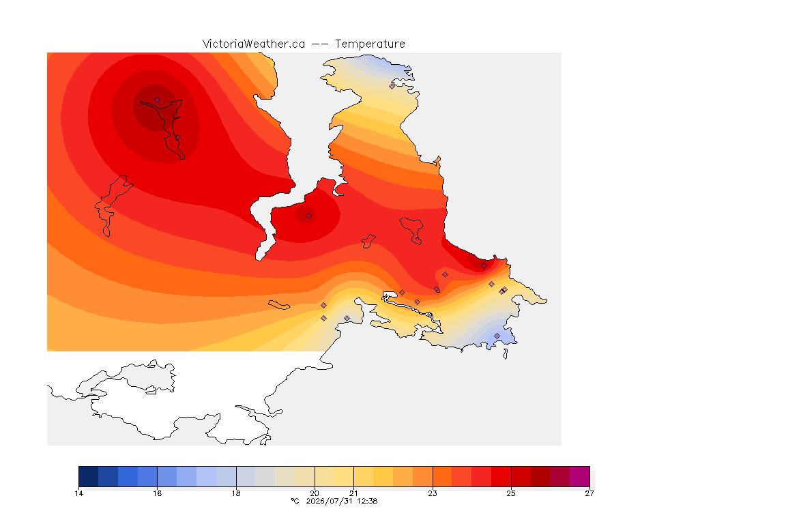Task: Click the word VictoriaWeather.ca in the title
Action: (x=254, y=44)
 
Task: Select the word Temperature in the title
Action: (x=370, y=44)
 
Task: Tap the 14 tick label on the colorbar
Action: (x=78, y=493)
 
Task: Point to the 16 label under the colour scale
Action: (x=158, y=493)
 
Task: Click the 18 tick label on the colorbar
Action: (x=236, y=493)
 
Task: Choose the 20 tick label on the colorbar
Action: (x=315, y=493)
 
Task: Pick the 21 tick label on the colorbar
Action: (x=354, y=493)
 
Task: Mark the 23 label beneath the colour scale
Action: (x=433, y=493)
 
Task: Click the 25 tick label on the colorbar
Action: (x=511, y=493)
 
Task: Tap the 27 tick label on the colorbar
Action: (x=589, y=493)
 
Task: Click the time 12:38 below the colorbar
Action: (x=368, y=501)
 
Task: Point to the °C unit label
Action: (x=295, y=501)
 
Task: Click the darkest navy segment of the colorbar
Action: (x=89, y=476)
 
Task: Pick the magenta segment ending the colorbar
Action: (x=579, y=476)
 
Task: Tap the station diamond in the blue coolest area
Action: (x=497, y=336)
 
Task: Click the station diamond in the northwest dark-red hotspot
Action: (x=158, y=100)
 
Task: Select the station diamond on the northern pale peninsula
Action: (x=392, y=86)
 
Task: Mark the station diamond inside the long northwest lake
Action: (x=177, y=137)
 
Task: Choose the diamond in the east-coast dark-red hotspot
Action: (x=484, y=266)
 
